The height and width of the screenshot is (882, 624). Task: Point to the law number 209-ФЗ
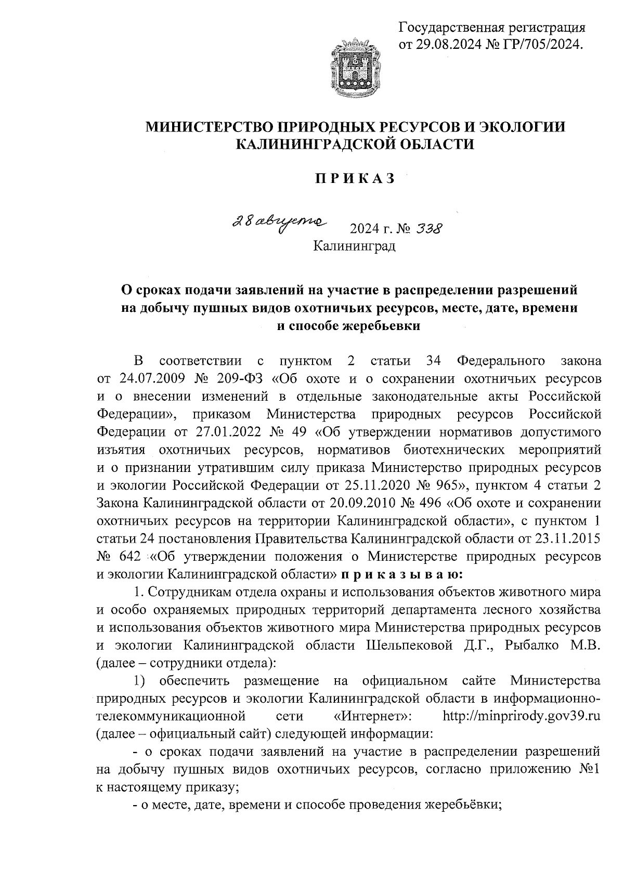pyautogui.click(x=241, y=377)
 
